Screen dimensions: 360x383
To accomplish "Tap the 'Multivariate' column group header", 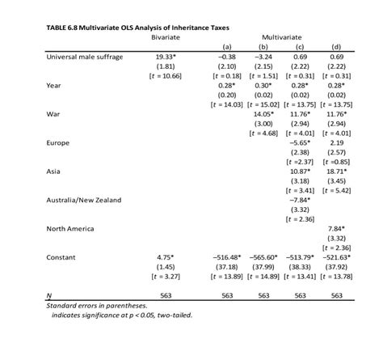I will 279,38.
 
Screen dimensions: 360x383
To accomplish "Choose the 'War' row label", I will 53,114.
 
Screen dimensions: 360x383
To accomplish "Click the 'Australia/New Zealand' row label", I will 80,199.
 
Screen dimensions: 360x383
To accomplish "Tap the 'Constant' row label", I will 60,256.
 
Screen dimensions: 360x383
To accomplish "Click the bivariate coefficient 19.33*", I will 166,57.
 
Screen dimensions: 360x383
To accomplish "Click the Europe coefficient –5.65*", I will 300,142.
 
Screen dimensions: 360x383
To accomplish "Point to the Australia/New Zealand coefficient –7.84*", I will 300,199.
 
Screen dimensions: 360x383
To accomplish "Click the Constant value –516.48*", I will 226,256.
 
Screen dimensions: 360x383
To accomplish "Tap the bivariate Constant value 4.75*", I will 166,256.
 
